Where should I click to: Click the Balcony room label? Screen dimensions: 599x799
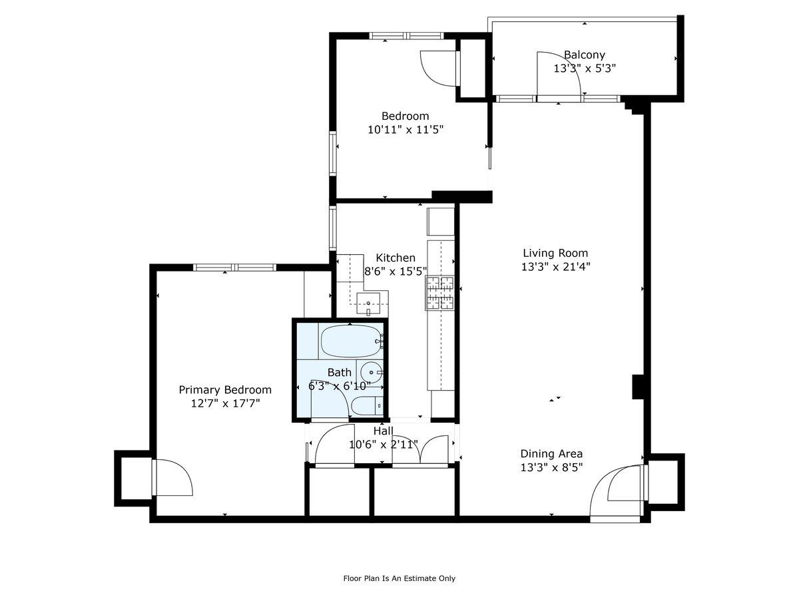click(585, 55)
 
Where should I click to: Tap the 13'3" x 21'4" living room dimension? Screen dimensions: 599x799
click(555, 266)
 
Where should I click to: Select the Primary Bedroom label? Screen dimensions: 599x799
click(225, 390)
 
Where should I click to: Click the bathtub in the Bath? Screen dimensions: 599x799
click(352, 341)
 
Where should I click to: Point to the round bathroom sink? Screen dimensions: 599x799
click(370, 371)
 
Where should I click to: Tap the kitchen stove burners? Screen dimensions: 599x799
click(440, 293)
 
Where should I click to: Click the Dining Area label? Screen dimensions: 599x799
click(551, 454)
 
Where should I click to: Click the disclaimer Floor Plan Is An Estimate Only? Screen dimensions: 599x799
click(399, 578)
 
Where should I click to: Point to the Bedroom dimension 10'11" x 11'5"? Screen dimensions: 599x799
click(405, 130)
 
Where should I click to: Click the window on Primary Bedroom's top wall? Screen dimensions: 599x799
click(234, 268)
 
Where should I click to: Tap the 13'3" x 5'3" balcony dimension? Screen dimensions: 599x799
click(585, 68)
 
